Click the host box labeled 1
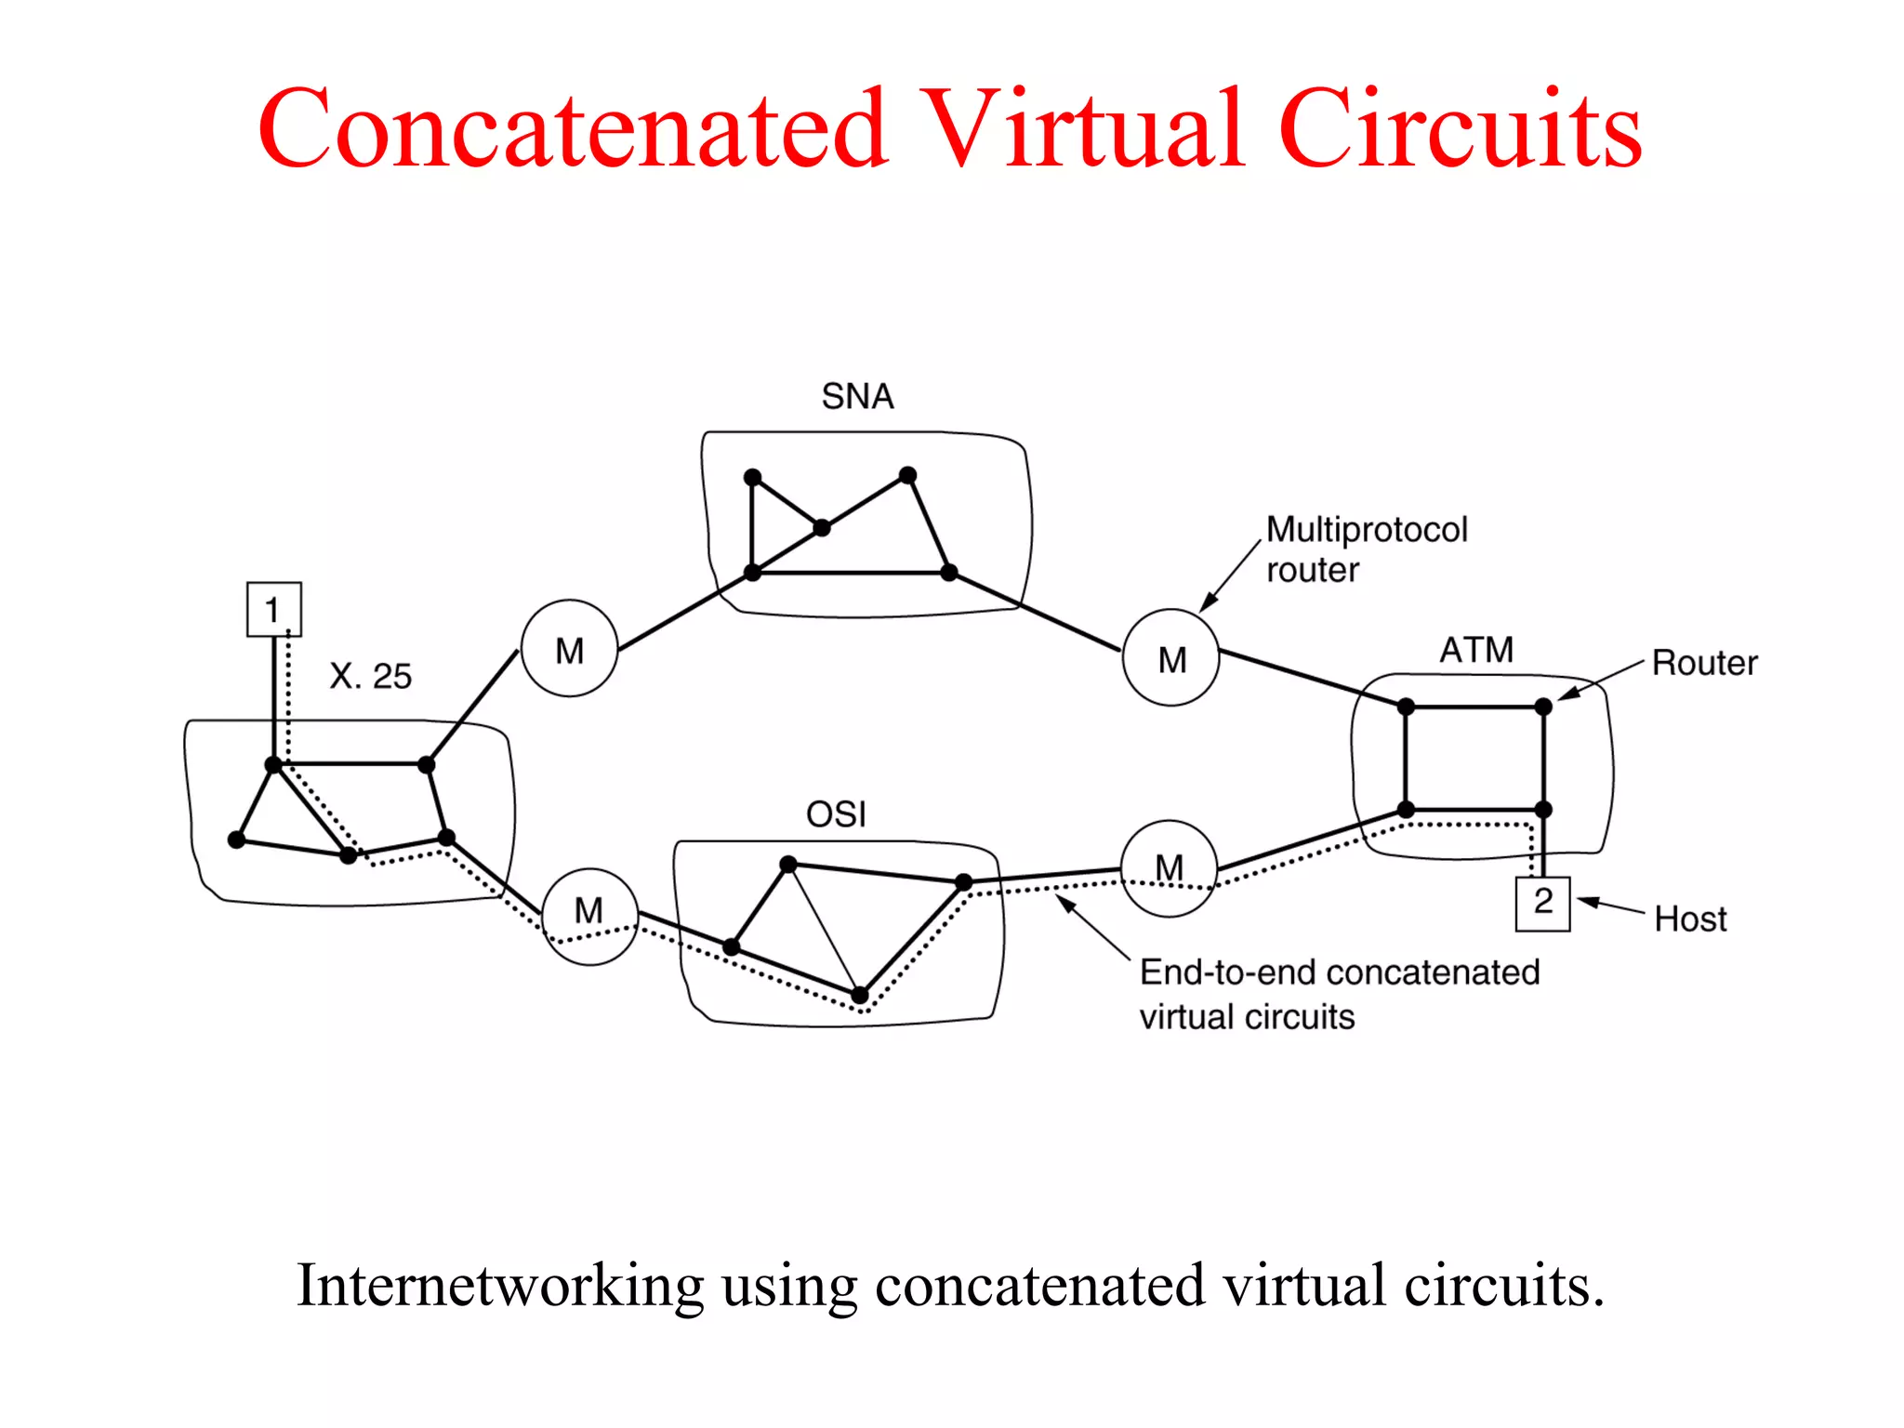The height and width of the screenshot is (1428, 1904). pos(273,610)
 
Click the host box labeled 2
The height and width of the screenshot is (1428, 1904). pos(1542,903)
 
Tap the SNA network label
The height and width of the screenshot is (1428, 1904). pos(857,397)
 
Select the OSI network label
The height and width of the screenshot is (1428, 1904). pos(836,815)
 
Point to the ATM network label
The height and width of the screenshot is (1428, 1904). pos(1476,650)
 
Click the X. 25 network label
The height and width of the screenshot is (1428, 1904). pos(370,676)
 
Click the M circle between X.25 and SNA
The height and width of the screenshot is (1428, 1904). pos(569,649)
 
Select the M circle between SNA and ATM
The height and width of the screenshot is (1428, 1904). pos(1171,658)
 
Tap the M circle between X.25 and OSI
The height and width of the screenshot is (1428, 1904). pos(589,916)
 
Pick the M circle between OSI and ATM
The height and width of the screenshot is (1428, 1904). pos(1169,868)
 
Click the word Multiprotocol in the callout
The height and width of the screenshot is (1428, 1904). pos(1367,530)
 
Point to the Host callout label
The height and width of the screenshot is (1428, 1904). pos(1690,919)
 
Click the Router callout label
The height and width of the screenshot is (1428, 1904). pos(1704,663)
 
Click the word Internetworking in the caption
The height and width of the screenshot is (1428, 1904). pos(499,1286)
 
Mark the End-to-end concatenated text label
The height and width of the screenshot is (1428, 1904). pos(1340,972)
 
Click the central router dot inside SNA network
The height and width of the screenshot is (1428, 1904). pos(822,528)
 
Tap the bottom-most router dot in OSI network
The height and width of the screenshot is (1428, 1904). pos(860,996)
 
